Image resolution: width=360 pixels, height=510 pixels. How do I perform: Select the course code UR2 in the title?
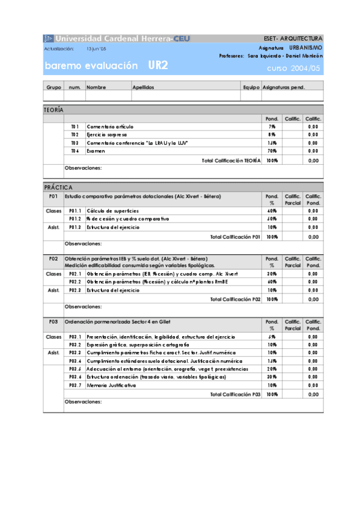(x=160, y=66)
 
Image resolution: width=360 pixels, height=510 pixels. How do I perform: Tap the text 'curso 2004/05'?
(x=294, y=69)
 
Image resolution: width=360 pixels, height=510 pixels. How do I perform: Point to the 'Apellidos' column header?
(x=143, y=87)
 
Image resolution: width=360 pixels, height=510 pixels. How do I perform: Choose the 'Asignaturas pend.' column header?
(x=284, y=87)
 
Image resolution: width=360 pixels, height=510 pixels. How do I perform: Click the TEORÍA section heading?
(x=54, y=110)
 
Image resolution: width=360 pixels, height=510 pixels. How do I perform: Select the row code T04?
(x=75, y=151)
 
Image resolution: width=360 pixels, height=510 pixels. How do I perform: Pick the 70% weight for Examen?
(x=272, y=151)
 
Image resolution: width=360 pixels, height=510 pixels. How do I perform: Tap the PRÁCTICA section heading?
(x=58, y=188)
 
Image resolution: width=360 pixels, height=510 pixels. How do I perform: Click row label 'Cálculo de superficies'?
(x=112, y=211)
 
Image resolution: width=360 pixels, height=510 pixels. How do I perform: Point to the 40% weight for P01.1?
(x=272, y=211)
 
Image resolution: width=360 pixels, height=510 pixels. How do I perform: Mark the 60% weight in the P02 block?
(x=272, y=281)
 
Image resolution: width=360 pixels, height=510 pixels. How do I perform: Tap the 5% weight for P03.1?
(x=272, y=337)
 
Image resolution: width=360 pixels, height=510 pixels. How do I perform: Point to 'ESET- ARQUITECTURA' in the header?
(x=293, y=38)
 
